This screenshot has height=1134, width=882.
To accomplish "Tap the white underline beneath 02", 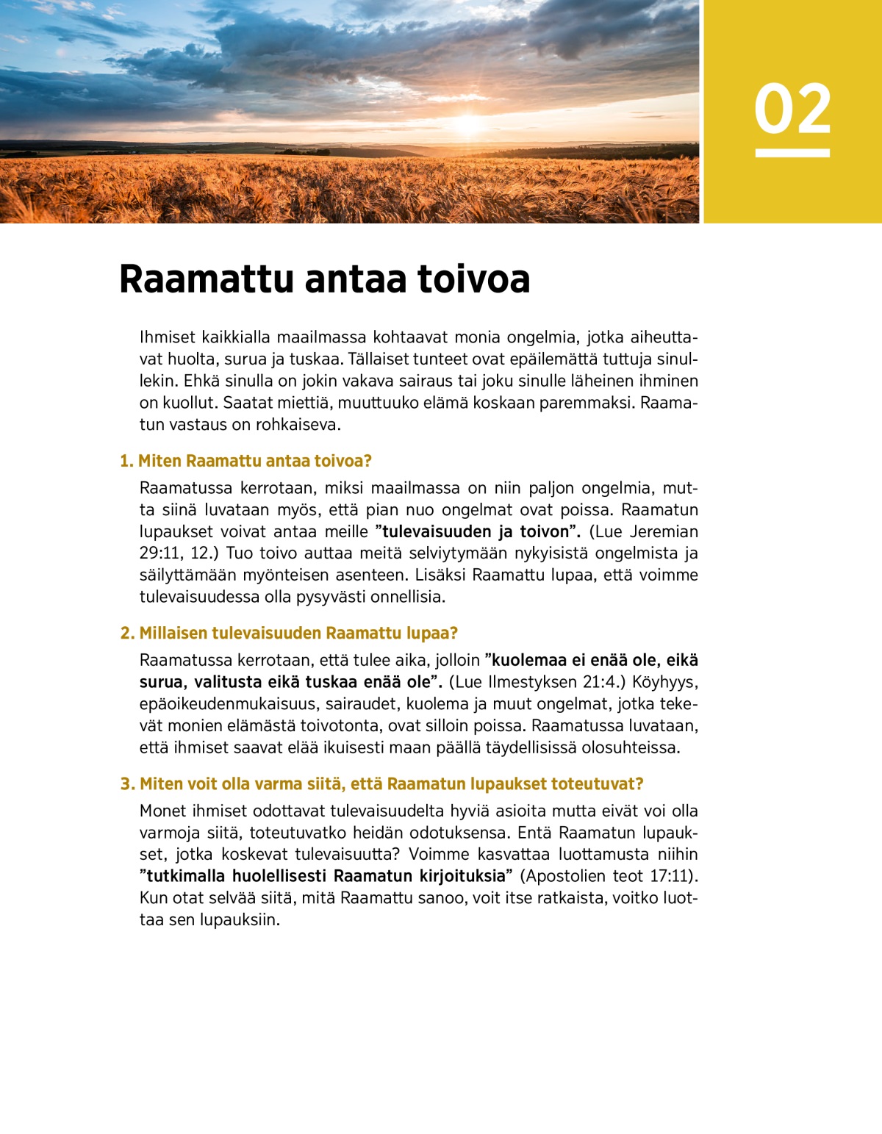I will tap(792, 153).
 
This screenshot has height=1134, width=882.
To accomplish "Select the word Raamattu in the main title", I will tap(206, 279).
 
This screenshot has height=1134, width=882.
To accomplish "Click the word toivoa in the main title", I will tap(474, 279).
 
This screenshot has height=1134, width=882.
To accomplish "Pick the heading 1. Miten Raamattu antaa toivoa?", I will tap(246, 461).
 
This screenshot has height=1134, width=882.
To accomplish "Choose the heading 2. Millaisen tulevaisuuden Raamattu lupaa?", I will tap(289, 633).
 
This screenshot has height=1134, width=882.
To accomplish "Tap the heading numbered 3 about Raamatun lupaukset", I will tap(381, 783).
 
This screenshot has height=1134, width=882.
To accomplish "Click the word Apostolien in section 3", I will tap(567, 876).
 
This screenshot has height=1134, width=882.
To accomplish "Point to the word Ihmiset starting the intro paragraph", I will tap(168, 337).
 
